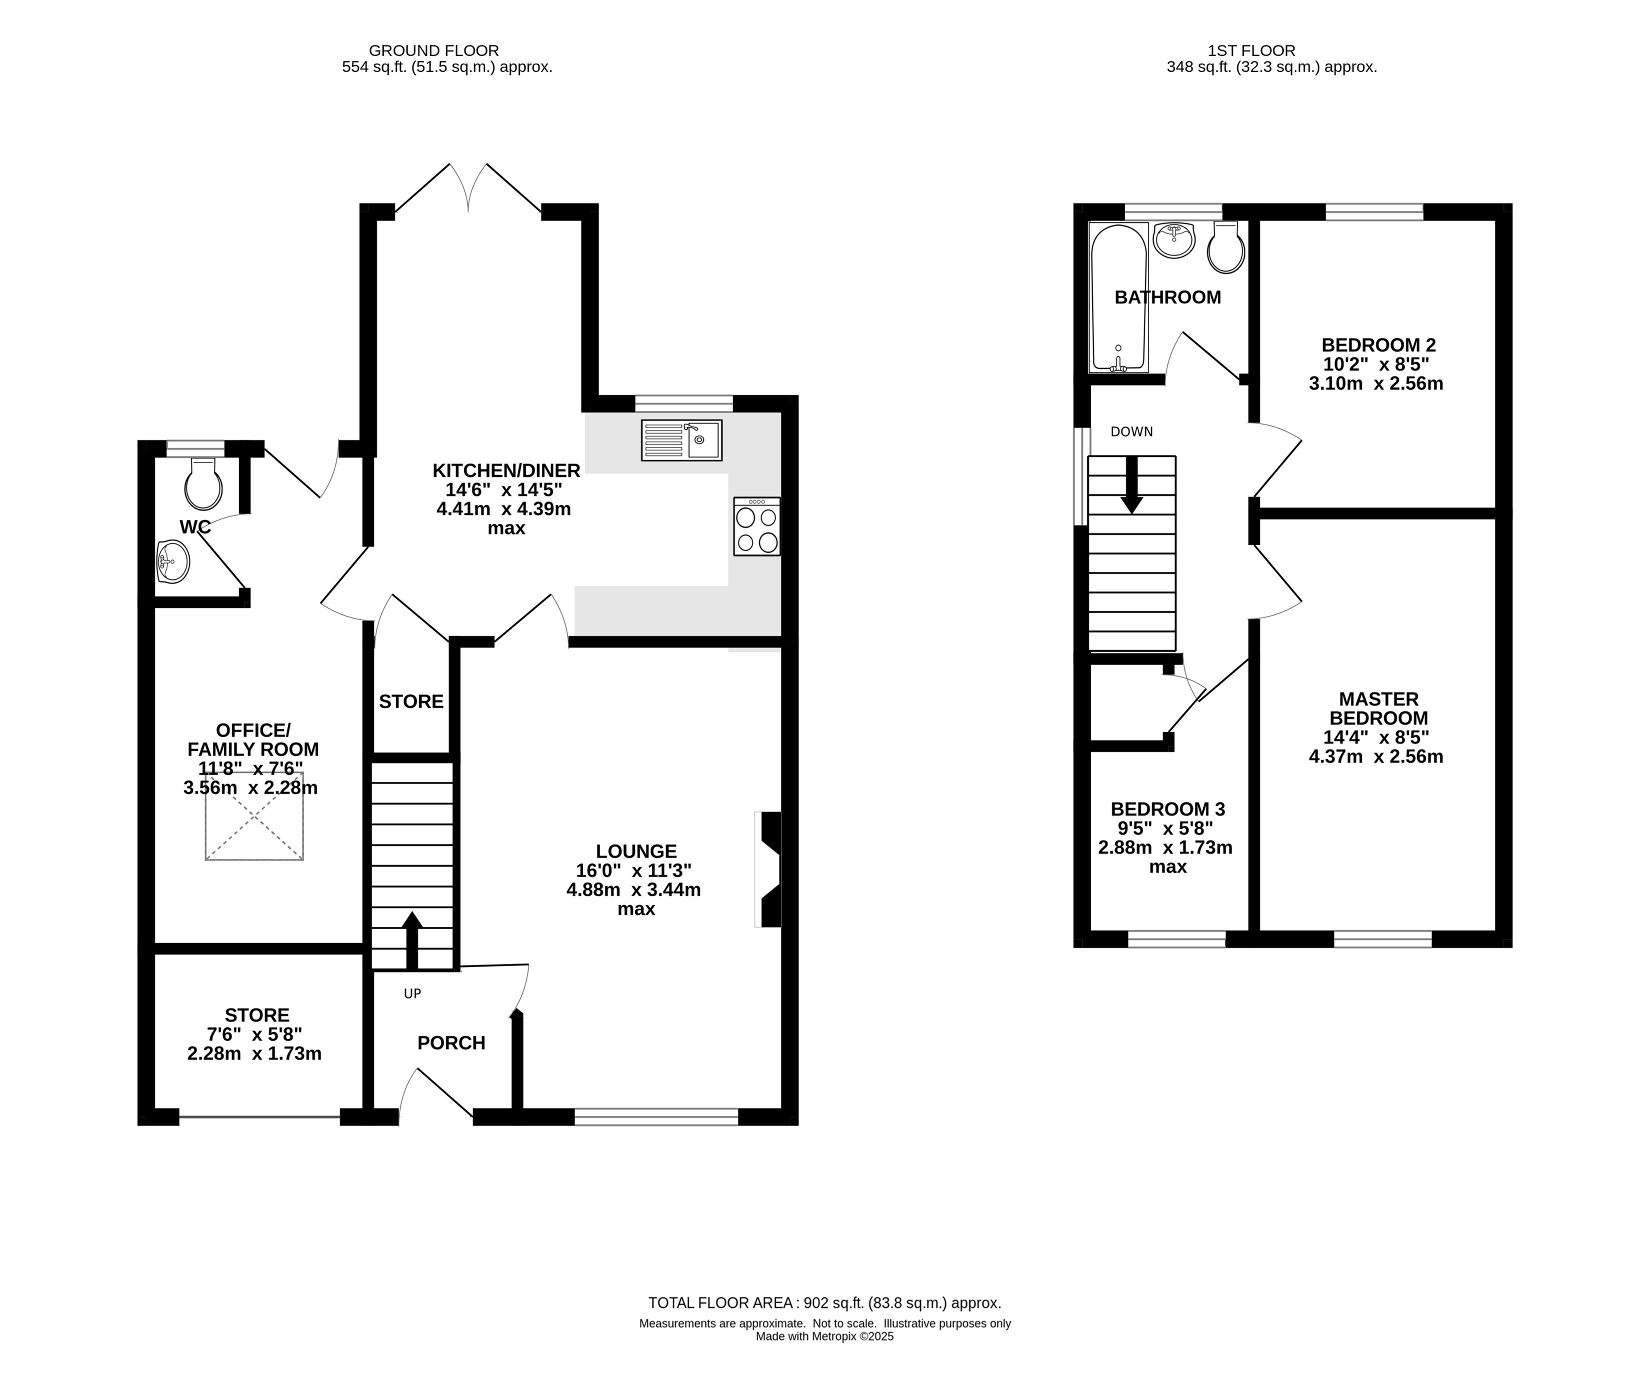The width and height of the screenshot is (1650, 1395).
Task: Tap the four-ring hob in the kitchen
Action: point(756,526)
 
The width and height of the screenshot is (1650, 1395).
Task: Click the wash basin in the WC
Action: point(172,561)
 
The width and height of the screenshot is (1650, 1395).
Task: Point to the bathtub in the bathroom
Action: point(1118,297)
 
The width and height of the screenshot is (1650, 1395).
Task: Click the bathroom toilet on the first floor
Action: point(1225,247)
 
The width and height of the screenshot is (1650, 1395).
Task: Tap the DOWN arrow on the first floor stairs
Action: point(1131,485)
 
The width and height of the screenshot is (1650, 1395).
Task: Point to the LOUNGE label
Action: point(636,851)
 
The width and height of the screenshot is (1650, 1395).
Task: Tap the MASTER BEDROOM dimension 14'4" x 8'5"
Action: point(1376,737)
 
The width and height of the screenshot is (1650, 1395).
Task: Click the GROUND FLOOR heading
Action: point(434,50)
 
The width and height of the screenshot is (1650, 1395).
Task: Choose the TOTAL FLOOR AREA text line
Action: point(824,1302)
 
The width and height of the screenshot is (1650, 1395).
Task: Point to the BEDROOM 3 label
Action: point(1167,809)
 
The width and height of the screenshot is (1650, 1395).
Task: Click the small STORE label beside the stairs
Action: point(411,701)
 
